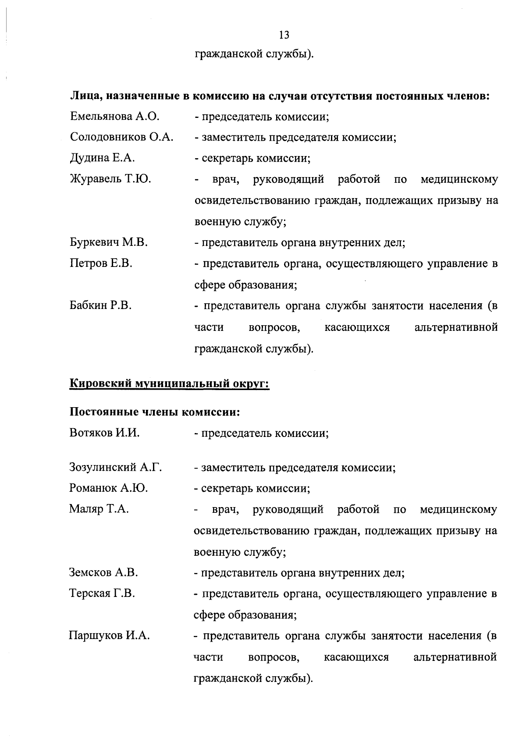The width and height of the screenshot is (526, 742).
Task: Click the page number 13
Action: click(284, 35)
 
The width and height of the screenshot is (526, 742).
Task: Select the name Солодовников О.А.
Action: click(121, 137)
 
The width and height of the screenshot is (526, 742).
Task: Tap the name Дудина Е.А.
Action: click(102, 158)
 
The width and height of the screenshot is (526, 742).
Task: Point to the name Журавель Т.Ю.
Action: click(110, 179)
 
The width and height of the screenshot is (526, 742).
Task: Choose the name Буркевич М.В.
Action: click(108, 242)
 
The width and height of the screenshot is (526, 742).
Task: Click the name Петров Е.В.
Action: click(101, 263)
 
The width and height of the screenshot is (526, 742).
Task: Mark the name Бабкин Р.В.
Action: click(100, 305)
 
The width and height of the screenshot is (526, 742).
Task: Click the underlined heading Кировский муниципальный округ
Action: click(169, 384)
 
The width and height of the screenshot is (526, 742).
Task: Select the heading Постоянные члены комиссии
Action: click(155, 412)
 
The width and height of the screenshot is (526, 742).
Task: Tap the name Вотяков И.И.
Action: click(104, 433)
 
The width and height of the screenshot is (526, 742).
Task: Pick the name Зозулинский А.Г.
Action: click(116, 468)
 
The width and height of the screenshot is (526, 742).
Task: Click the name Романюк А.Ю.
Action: click(108, 488)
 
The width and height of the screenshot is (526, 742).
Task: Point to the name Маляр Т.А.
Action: click(99, 509)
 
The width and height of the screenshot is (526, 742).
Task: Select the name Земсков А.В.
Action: click(103, 572)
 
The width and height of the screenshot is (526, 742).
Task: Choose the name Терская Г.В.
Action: click(102, 593)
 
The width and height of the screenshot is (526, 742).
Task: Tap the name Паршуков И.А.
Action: click(110, 635)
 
